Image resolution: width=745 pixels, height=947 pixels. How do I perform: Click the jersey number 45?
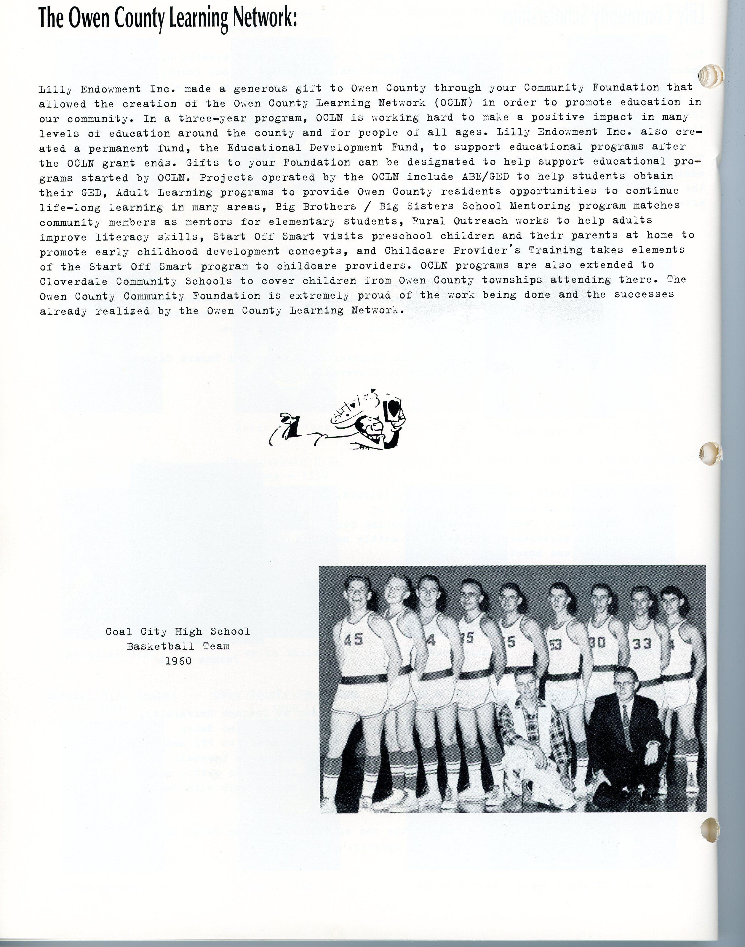(353, 640)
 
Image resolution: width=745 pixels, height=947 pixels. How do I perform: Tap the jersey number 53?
(555, 644)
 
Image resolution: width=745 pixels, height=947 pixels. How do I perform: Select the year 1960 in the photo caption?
(178, 661)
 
